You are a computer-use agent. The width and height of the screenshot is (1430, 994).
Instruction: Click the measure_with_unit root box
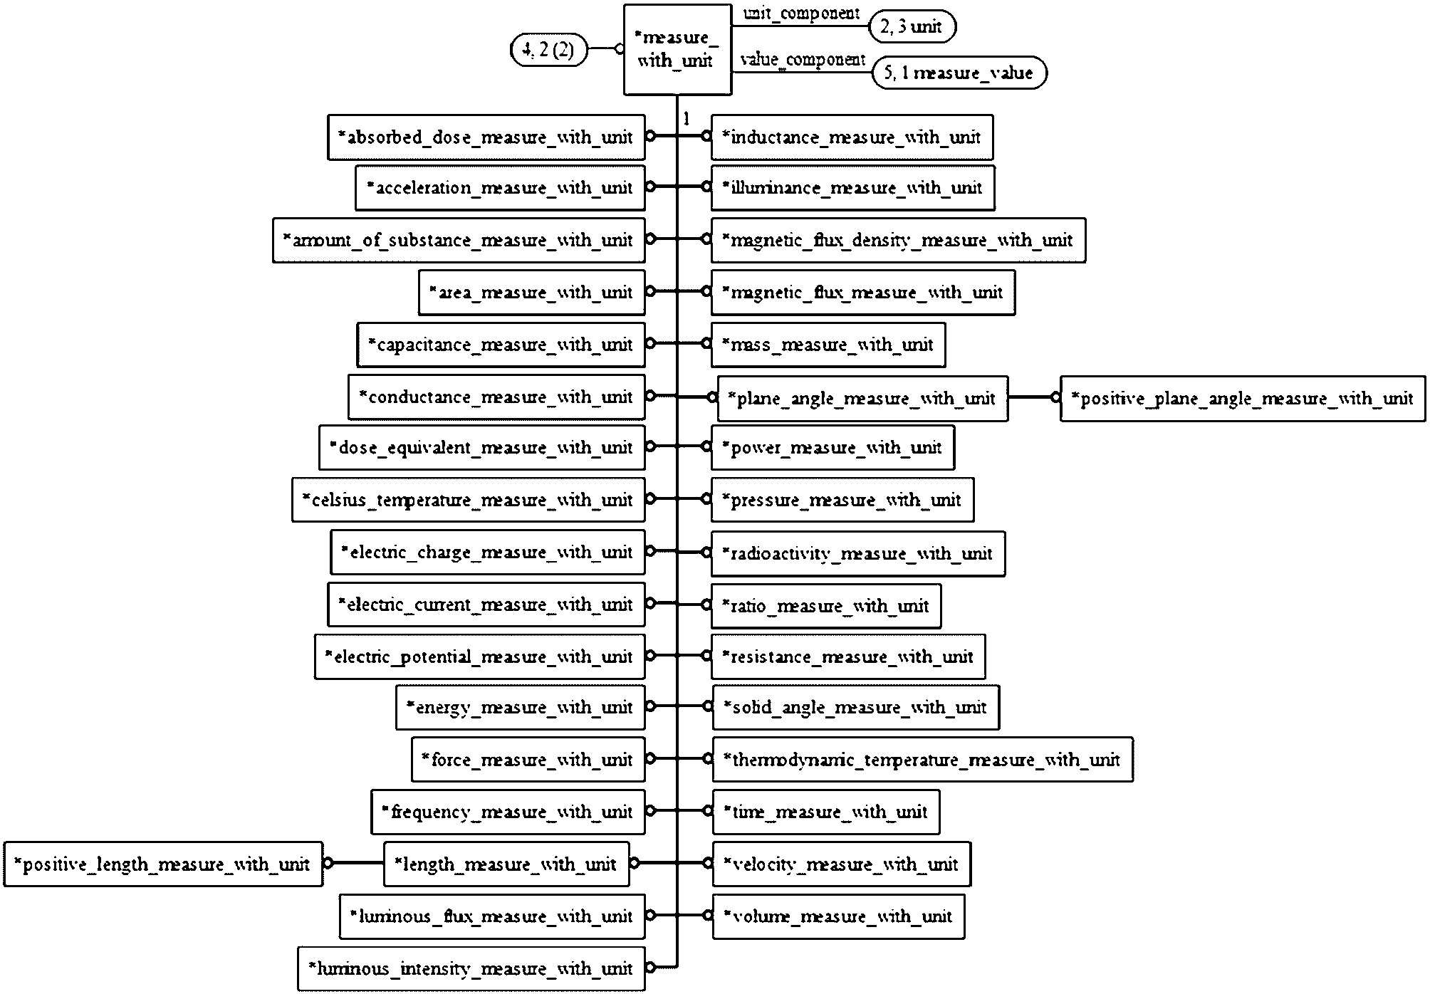pos(677,50)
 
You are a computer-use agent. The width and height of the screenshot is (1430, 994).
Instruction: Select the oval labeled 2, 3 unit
pos(912,27)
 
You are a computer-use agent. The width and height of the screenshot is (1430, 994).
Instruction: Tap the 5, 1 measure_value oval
pos(959,73)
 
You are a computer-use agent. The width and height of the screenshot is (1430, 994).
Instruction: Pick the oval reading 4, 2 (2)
pos(549,50)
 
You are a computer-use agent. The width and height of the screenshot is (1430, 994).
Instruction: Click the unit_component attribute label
pos(801,14)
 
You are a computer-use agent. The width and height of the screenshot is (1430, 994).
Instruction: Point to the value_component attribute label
pos(803,60)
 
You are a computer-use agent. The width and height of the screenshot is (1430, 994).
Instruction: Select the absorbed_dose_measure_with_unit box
pos(486,137)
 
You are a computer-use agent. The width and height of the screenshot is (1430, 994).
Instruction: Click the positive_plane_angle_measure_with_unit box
pos(1243,399)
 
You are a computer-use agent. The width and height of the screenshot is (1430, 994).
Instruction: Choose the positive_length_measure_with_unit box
pos(163,864)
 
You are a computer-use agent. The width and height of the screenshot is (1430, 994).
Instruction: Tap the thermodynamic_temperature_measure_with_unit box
pos(922,760)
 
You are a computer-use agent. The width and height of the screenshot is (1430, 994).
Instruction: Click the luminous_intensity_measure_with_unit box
pos(471,968)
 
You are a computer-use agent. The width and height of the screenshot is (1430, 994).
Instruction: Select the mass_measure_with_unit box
pos(828,345)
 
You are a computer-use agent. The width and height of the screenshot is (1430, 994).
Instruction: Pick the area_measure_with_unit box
pos(532,293)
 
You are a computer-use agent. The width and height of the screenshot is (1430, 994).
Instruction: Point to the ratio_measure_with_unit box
pos(826,606)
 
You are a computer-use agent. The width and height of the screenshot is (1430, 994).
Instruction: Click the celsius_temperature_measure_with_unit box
pos(469,500)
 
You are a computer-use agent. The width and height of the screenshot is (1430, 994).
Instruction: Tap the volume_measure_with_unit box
pos(838,916)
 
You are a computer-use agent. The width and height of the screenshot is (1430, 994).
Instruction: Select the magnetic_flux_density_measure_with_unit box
pos(898,241)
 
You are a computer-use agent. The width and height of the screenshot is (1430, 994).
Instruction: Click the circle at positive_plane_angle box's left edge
pos(1055,398)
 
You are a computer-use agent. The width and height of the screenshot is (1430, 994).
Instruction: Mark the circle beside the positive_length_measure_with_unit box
pos(328,864)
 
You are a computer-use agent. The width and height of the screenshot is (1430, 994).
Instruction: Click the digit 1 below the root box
pos(686,120)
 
